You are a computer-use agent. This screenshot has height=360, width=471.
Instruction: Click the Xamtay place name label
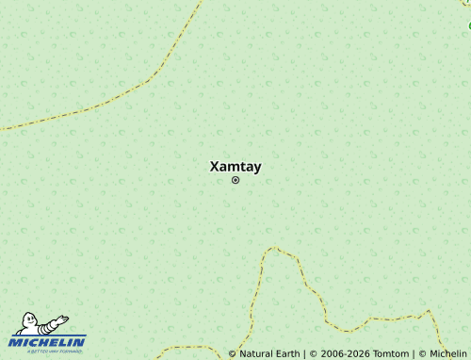[x=235, y=167]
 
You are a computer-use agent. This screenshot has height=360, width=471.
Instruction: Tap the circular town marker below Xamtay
[x=235, y=180]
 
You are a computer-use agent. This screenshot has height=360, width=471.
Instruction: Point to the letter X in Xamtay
[x=214, y=167]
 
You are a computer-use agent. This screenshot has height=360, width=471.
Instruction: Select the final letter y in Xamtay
[x=257, y=168]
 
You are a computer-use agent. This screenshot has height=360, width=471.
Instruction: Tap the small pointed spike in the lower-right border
[x=428, y=312]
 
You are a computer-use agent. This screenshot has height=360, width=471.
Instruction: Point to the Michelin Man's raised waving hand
[x=63, y=319]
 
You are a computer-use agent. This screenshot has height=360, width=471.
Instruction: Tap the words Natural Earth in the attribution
[x=268, y=354]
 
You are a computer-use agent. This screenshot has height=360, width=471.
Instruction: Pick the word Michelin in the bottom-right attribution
[x=448, y=354]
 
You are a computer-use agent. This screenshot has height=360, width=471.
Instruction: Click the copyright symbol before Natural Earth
[x=232, y=354]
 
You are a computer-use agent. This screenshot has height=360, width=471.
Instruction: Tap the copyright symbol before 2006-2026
[x=312, y=354]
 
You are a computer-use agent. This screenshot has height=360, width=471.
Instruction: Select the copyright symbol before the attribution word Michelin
[x=422, y=354]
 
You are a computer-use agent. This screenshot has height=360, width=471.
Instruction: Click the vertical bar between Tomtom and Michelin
[x=414, y=354]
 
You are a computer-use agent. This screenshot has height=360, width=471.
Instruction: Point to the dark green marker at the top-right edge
[x=469, y=25]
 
